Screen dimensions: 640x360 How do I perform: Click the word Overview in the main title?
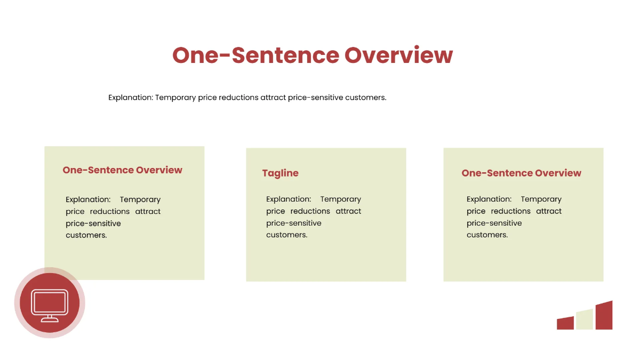[x=398, y=55]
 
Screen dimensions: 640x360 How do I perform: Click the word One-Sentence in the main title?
[x=255, y=55]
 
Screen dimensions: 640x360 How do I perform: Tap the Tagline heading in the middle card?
[x=281, y=173]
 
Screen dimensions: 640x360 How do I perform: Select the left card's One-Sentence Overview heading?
[x=122, y=170]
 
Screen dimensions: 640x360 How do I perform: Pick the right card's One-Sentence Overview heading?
[x=521, y=173]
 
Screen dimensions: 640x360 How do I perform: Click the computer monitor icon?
[x=50, y=306]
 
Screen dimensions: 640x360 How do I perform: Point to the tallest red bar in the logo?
[x=604, y=315]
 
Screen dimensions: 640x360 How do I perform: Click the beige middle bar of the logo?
[x=585, y=319]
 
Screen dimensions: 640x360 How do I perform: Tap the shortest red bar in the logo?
[x=565, y=323]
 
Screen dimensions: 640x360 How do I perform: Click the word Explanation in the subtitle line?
[x=131, y=98]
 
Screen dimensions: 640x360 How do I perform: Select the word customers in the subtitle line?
[x=366, y=98]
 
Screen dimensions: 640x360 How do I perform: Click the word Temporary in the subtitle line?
[x=175, y=98]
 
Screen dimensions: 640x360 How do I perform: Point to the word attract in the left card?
[x=148, y=211]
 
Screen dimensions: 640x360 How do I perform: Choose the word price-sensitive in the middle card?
[x=294, y=223]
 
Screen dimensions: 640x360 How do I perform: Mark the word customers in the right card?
[x=487, y=235]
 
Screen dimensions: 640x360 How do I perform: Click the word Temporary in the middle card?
[x=341, y=199]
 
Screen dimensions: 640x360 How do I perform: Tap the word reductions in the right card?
[x=510, y=211]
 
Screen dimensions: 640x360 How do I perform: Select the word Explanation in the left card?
[x=88, y=199]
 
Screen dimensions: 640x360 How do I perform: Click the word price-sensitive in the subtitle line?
[x=315, y=98]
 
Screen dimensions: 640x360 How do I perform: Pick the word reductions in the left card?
[x=110, y=211]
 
